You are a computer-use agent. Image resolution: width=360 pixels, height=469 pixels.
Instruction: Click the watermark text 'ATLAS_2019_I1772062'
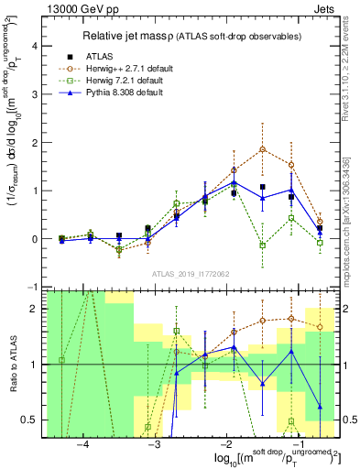point(191,273)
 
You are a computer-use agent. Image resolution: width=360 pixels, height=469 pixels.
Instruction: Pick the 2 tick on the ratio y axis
point(37,309)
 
